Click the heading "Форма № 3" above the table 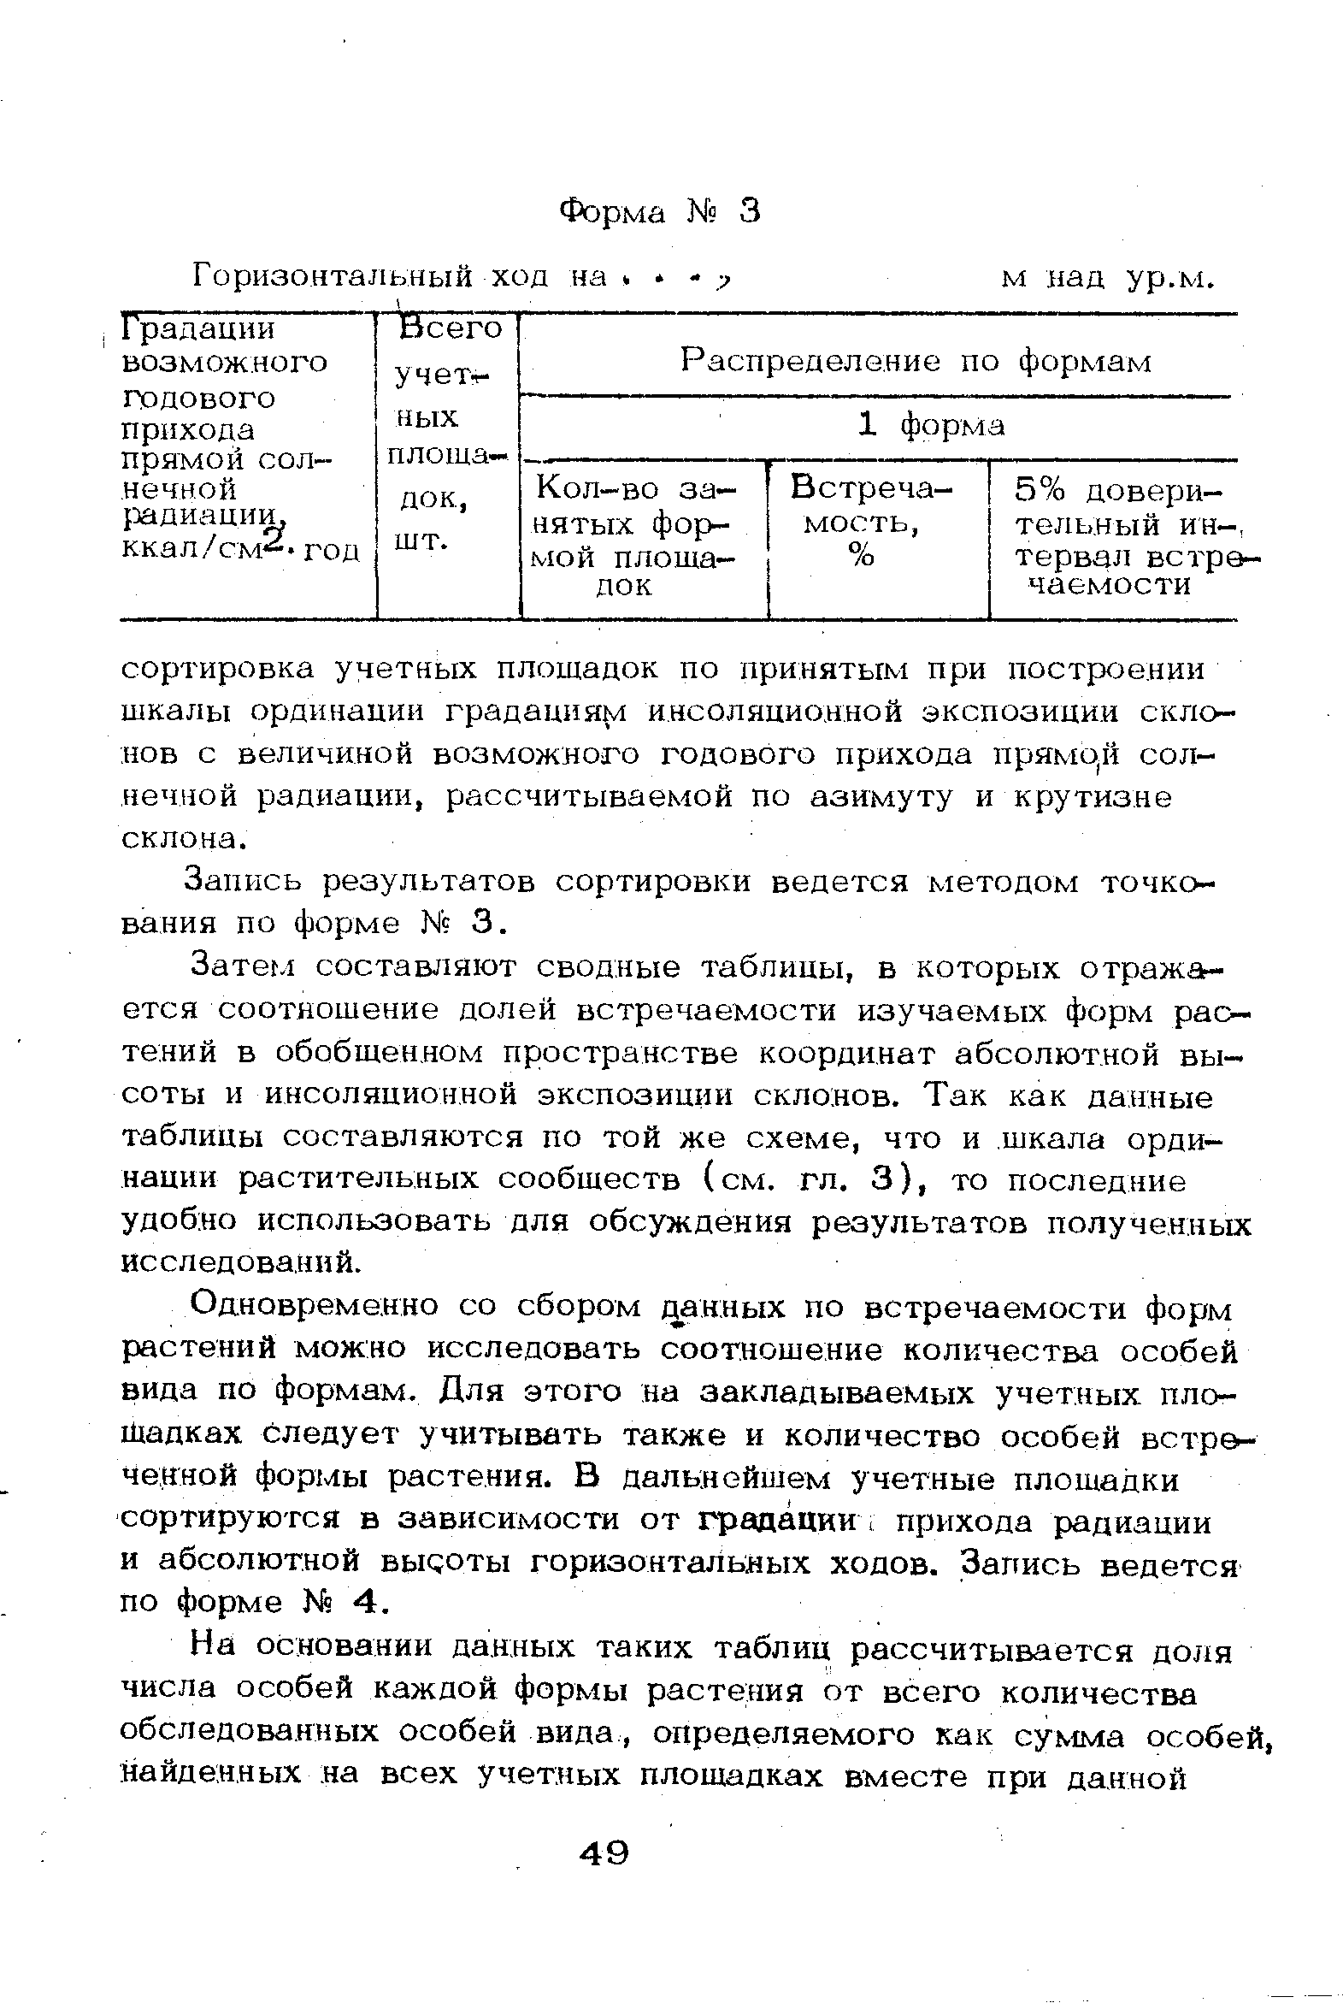[x=659, y=210]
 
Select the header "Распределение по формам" [x=916, y=363]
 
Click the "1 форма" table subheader [x=931, y=426]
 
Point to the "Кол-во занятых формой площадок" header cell [x=636, y=538]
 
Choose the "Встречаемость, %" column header [x=871, y=522]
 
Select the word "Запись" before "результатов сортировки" [x=244, y=882]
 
